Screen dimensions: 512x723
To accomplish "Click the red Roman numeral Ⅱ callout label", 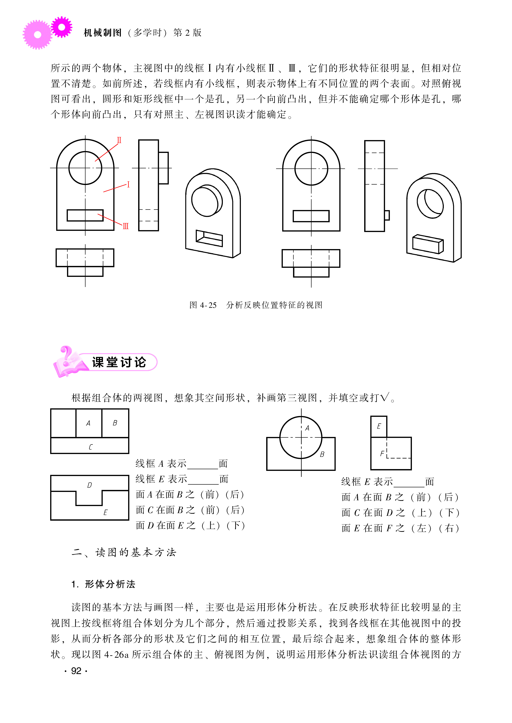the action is [x=119, y=140].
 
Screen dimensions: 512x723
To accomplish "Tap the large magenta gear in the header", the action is [x=37, y=35].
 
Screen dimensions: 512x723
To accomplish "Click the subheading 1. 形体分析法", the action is [x=103, y=584].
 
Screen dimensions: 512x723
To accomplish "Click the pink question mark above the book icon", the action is [x=66, y=354].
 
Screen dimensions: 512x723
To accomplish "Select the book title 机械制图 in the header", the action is [x=102, y=33].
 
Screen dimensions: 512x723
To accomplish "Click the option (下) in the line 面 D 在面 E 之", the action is [x=236, y=525].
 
